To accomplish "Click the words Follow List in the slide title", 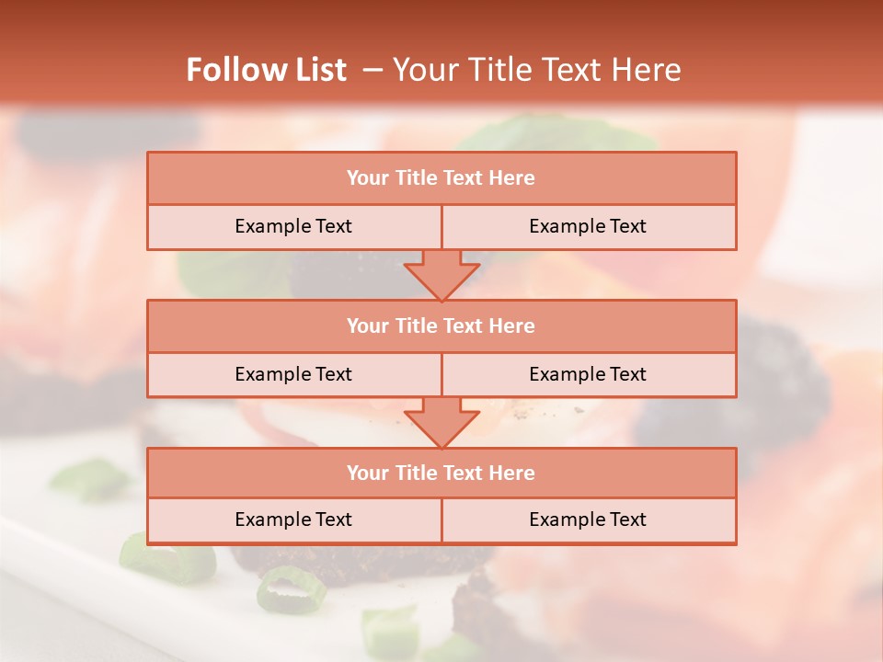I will (267, 70).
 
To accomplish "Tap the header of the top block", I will (441, 178).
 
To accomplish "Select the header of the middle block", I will (441, 326).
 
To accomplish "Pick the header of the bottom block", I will (441, 474).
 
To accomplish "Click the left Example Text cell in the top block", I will (294, 227).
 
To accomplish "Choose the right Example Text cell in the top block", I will (589, 227).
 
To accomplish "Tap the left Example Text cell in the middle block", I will (294, 375).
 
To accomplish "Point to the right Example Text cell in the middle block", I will (589, 375).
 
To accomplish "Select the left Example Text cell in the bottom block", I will (294, 520).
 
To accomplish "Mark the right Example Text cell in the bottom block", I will (589, 520).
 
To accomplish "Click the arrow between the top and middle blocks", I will (441, 275).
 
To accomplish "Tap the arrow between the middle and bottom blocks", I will (441, 422).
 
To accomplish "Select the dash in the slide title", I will (373, 70).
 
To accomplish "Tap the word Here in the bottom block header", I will (512, 474).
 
